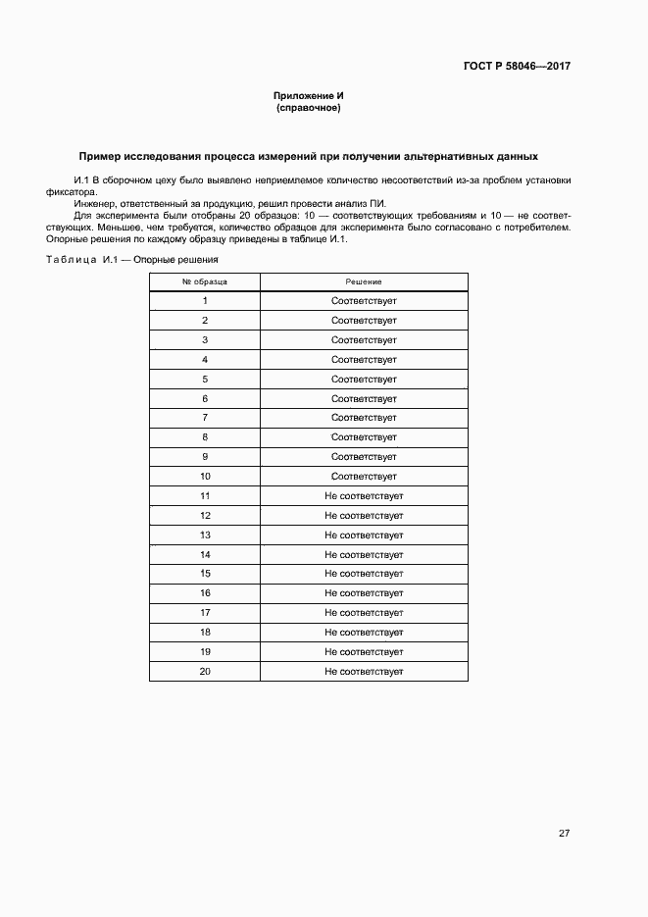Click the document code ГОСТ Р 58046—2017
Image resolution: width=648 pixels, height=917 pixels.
coord(516,67)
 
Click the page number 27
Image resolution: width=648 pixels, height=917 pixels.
coord(564,834)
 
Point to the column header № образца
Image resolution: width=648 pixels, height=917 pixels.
coord(205,281)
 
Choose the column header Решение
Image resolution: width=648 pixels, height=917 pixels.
coord(364,281)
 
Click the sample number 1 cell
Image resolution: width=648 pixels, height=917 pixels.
coord(205,301)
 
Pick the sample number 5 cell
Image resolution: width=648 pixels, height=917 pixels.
coord(205,379)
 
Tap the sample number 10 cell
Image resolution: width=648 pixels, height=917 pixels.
coord(205,476)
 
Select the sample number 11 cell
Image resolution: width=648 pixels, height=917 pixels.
coord(205,495)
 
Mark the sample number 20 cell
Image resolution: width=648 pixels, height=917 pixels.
coord(205,671)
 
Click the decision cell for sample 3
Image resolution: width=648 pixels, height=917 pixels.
coord(364,340)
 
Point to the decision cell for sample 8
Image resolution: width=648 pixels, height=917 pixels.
coord(364,437)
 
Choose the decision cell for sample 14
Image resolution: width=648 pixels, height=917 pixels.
coord(364,554)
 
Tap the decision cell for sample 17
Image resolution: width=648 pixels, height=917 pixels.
coord(364,613)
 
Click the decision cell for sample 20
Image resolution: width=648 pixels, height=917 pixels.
coord(364,671)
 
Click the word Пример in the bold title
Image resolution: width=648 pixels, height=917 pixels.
coord(102,156)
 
